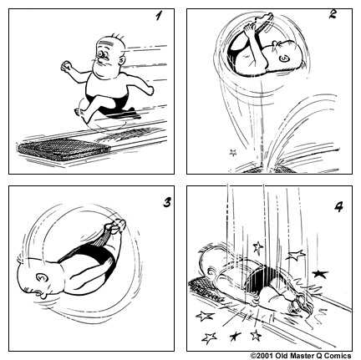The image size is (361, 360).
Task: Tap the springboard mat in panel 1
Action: click(62, 151)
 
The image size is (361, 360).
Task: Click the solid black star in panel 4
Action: click(319, 272)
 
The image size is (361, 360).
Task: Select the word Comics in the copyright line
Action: click(338, 354)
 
